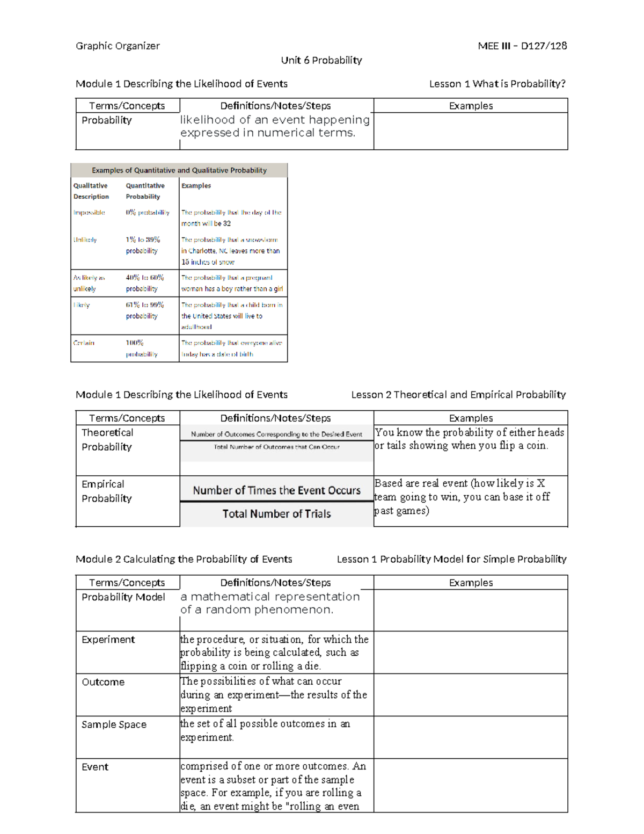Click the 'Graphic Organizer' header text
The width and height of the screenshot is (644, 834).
[118, 46]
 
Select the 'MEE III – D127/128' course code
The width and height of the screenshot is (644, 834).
[522, 46]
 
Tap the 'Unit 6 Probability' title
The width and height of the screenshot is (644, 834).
[321, 60]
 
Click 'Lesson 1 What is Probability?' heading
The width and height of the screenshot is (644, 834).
[497, 84]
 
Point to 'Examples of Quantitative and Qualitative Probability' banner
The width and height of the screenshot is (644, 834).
[179, 170]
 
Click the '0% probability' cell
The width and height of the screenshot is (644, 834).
[148, 213]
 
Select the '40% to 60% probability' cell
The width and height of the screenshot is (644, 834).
[144, 283]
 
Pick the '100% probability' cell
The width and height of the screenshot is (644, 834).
[142, 349]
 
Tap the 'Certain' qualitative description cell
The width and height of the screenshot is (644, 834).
[84, 343]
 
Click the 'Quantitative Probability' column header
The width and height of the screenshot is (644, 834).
[145, 191]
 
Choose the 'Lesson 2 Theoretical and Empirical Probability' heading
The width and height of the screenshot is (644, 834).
[458, 395]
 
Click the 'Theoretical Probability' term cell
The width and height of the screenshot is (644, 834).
[107, 440]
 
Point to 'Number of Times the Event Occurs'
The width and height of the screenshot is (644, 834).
[276, 490]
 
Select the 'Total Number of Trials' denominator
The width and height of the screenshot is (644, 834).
[276, 514]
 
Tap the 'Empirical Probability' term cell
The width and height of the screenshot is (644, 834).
[106, 491]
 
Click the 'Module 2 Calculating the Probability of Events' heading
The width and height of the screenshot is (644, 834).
[184, 559]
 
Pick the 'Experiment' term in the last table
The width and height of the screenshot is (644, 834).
[108, 640]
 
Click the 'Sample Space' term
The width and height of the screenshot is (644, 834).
[114, 724]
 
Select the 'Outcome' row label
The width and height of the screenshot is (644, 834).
[103, 682]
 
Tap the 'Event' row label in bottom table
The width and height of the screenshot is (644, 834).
[95, 767]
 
